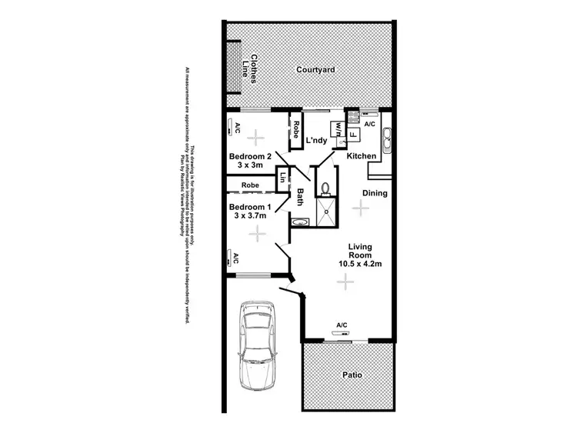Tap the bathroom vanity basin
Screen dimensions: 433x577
[299, 222]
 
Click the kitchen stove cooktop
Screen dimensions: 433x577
[354, 118]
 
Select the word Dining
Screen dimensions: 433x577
[375, 193]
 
